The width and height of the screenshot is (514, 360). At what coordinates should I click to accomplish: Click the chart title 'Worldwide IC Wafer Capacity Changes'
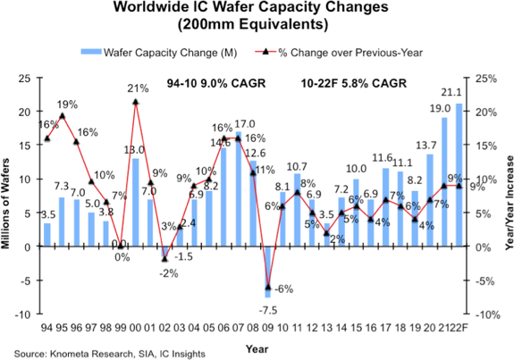pyautogui.click(x=257, y=9)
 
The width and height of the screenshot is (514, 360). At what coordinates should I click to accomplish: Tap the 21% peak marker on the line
pyautogui.click(x=135, y=102)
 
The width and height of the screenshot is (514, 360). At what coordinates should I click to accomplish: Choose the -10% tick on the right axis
pyautogui.click(x=485, y=314)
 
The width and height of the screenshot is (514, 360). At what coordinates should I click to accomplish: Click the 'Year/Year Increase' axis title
pyautogui.click(x=506, y=197)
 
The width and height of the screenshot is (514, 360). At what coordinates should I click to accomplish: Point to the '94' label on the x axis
pyautogui.click(x=47, y=327)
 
